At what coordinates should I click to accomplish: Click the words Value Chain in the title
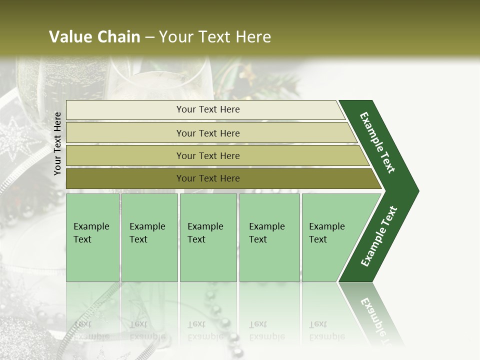[94, 37]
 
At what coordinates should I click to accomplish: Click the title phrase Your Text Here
[214, 37]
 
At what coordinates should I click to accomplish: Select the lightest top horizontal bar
[207, 109]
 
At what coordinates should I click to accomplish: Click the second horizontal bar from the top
[207, 133]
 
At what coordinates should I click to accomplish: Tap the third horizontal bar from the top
[207, 155]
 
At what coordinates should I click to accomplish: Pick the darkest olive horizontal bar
[207, 178]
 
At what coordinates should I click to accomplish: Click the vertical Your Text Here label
[57, 143]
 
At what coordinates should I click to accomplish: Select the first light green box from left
[92, 237]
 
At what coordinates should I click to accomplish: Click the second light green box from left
[149, 237]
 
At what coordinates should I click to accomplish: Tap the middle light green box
[208, 237]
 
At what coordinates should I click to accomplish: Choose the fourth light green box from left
[269, 237]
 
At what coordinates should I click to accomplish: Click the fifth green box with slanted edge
[330, 237]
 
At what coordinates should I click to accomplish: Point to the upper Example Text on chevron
[377, 142]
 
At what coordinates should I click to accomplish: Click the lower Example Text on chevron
[379, 236]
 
